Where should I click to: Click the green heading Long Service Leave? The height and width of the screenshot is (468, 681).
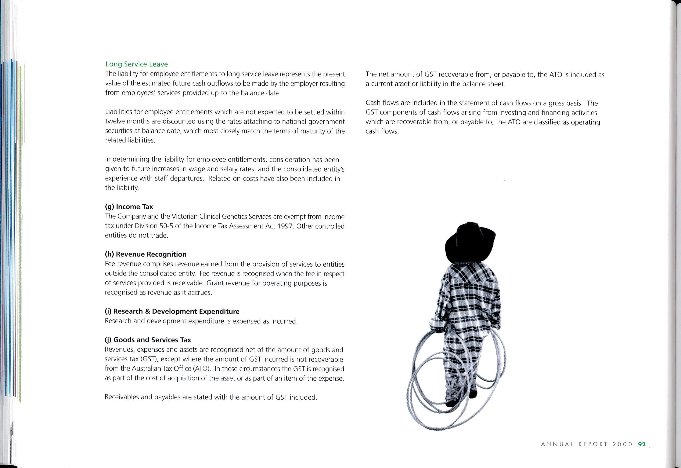137,64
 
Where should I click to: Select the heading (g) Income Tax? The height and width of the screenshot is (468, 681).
129,207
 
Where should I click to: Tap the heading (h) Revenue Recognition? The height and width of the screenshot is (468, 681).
146,254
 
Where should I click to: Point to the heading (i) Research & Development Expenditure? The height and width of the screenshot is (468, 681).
172,311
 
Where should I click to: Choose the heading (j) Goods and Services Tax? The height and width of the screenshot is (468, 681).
148,340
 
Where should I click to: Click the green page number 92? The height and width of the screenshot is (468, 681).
642,444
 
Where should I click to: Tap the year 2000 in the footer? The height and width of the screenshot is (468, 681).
622,444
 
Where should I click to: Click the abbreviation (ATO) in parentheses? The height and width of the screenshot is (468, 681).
202,369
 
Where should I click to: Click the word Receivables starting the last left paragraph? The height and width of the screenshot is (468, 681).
122,397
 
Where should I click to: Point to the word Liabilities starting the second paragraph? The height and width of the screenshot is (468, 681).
119,112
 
